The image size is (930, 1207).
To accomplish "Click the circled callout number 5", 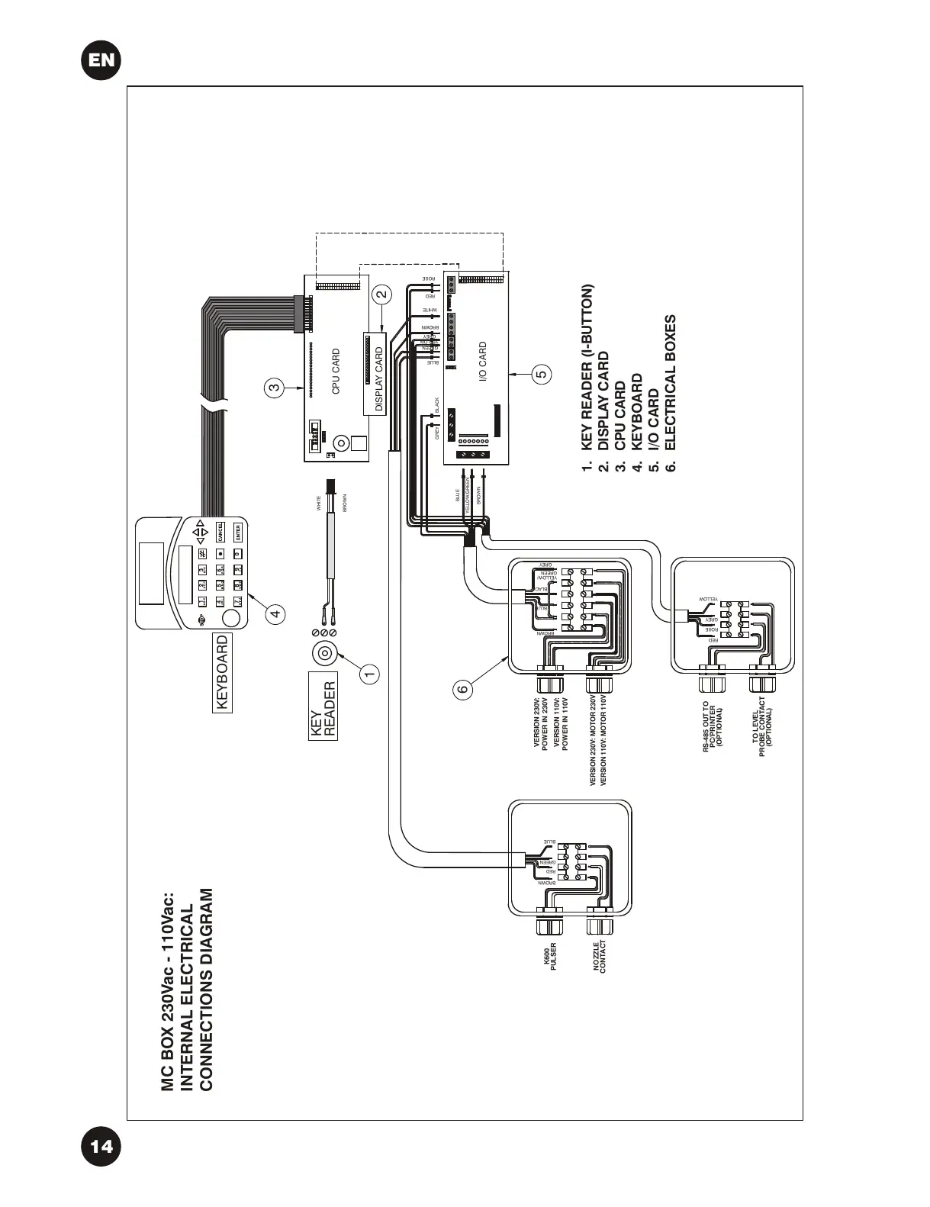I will pos(541,375).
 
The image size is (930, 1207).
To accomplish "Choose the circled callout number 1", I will pos(370,673).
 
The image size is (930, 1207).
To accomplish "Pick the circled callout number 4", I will pos(276,612).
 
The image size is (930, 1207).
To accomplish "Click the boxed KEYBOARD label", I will pos(222,673).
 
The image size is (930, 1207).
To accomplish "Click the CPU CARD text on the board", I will pos(336,372).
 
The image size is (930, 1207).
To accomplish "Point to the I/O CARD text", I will pos(482,363).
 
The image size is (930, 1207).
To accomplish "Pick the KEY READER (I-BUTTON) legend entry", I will pos(586,378).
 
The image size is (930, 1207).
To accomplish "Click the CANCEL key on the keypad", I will pos(219,532).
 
